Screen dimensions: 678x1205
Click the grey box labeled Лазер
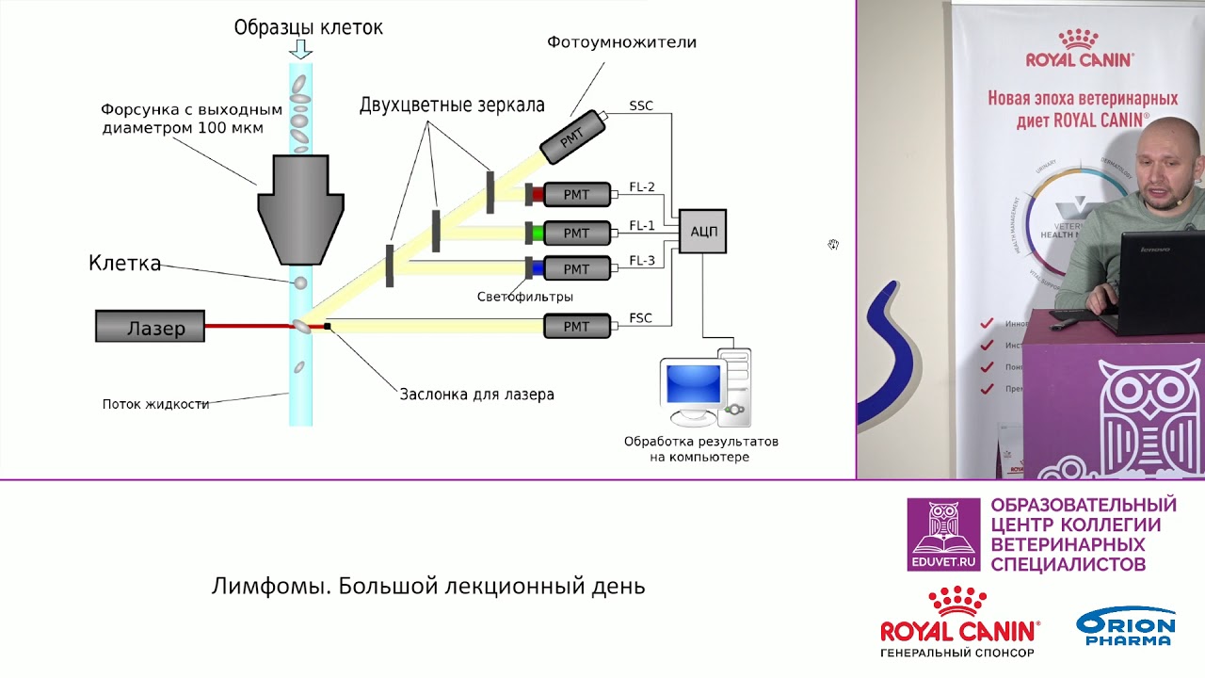[150, 326]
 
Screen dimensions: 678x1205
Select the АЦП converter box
[702, 231]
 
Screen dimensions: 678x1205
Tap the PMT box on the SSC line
[573, 137]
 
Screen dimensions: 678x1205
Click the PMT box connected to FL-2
[576, 195]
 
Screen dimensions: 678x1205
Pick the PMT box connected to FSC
[576, 326]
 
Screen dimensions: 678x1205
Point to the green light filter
[538, 232]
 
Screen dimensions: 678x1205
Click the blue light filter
[538, 268]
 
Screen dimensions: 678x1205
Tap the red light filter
[538, 195]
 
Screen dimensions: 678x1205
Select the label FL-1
[642, 225]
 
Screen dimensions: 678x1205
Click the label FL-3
[642, 261]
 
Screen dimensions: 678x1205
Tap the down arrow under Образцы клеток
[301, 48]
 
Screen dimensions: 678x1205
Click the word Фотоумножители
[622, 42]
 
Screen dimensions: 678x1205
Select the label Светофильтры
[525, 297]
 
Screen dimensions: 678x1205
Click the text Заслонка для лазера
[477, 395]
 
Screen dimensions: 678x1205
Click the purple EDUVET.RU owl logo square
[943, 534]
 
